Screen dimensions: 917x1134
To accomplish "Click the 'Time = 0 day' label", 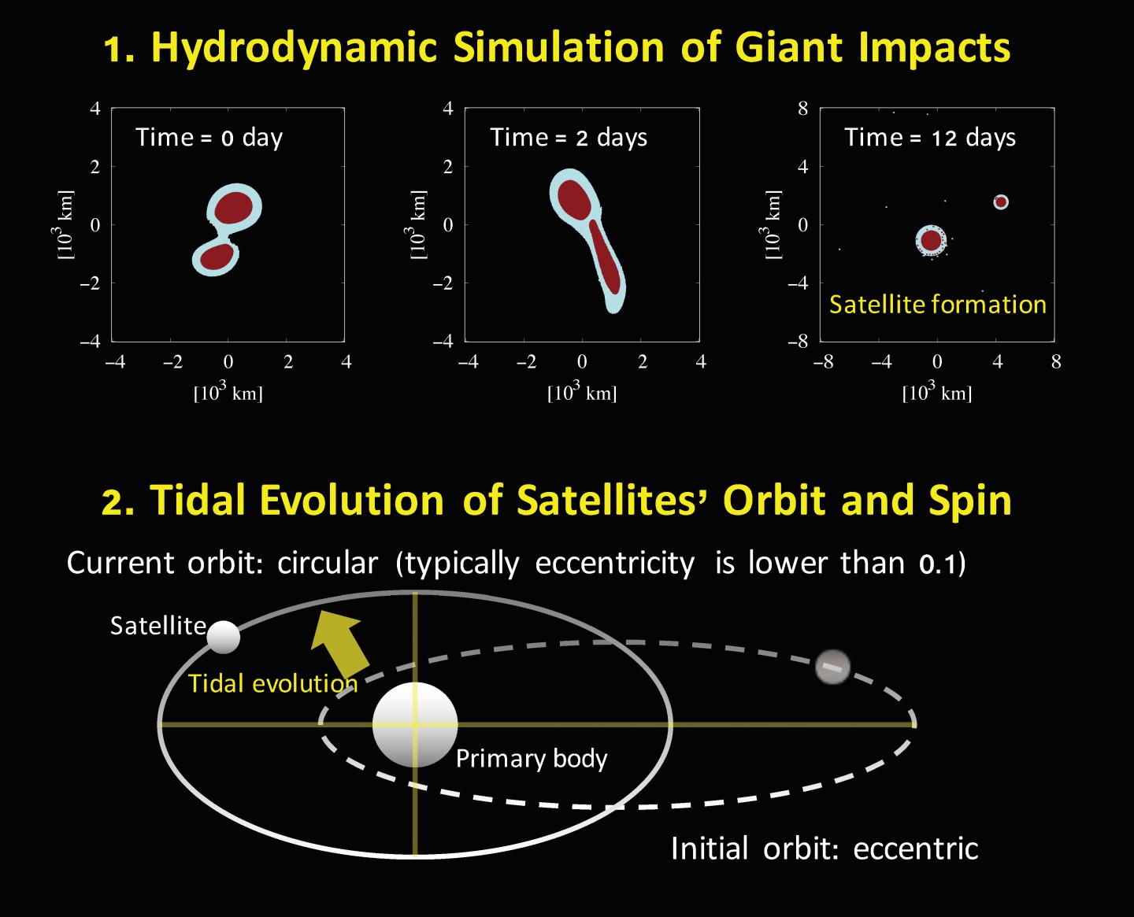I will pos(209,138).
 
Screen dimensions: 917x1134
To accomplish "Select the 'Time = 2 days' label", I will pos(569,138).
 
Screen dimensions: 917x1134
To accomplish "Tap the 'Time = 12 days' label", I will pos(930,138).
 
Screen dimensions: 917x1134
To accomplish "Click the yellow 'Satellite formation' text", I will pos(937,305).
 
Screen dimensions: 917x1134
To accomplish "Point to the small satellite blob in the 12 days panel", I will pos(1000,202).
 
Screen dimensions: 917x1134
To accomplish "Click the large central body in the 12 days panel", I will pos(931,240).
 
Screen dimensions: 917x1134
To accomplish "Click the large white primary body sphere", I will pos(415,724).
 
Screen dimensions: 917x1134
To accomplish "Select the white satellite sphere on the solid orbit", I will pos(224,637).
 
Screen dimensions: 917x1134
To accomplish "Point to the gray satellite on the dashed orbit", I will pos(833,667).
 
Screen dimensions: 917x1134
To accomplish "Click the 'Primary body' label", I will pos(532,759).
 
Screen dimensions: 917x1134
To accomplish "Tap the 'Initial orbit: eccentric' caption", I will pos(824,849).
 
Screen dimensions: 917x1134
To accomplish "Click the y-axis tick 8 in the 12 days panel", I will pos(802,109).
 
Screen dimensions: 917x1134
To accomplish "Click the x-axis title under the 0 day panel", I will pos(228,393).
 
